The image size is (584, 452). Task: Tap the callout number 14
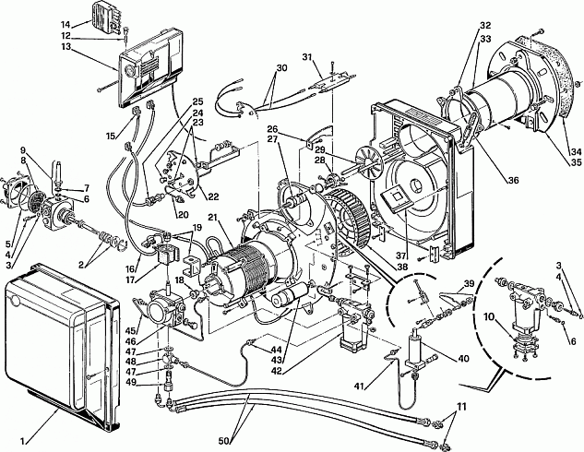(66, 25)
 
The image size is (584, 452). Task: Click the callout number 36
(512, 180)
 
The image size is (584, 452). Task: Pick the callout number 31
(307, 57)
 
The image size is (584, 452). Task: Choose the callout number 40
(464, 359)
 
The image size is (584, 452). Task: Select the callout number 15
(110, 136)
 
